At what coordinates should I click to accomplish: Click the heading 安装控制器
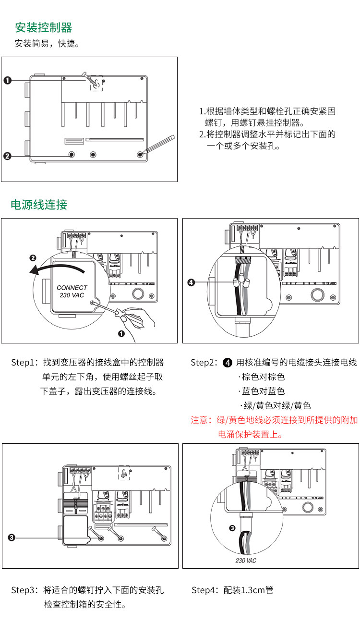43,27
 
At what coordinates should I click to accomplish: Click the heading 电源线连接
39,205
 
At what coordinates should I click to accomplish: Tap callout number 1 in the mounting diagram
8,80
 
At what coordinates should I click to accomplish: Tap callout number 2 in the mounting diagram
7,156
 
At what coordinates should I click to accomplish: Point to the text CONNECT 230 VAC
72,292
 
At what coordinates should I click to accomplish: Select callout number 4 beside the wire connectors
191,282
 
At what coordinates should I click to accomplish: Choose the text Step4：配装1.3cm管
232,590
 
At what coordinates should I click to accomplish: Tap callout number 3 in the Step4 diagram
232,528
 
